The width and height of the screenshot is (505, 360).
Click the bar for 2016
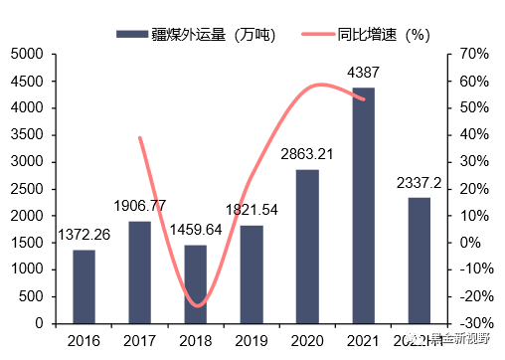tap(84, 286)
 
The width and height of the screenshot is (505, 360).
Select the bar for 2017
tap(139, 271)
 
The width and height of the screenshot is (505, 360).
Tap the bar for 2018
tap(196, 283)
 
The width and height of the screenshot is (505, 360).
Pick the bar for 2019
tap(252, 273)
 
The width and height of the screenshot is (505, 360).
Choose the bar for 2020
tap(307, 246)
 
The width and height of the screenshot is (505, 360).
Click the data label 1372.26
tap(84, 235)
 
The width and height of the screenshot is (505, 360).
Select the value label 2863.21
tap(307, 154)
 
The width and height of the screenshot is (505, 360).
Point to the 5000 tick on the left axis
tap(27, 54)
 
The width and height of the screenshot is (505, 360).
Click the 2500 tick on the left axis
tap(27, 189)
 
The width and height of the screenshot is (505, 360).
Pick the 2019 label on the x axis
tap(252, 341)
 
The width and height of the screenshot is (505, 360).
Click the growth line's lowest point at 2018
tap(197, 305)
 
